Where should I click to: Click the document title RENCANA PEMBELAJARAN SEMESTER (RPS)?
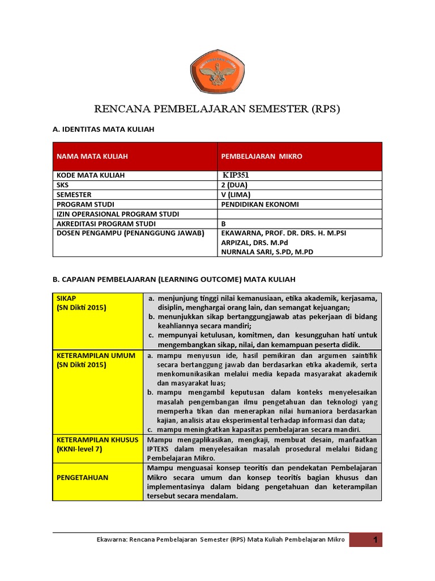tap(217, 110)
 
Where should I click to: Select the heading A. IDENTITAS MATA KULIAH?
tap(103, 130)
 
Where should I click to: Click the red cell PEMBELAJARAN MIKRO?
tap(261, 156)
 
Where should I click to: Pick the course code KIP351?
tap(240, 175)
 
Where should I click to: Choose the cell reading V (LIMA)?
tap(236, 195)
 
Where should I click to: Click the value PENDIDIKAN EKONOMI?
tap(260, 204)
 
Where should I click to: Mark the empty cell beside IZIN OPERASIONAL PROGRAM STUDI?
tap(299, 214)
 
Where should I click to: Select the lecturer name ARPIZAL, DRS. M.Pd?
tap(253, 242)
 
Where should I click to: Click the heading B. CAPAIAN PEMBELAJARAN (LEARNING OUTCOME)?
tap(174, 280)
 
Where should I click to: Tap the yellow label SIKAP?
tap(66, 298)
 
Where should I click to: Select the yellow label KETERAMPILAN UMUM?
tap(96, 355)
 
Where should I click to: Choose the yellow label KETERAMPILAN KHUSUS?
tap(97, 440)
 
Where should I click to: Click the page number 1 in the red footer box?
tap(374, 541)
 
